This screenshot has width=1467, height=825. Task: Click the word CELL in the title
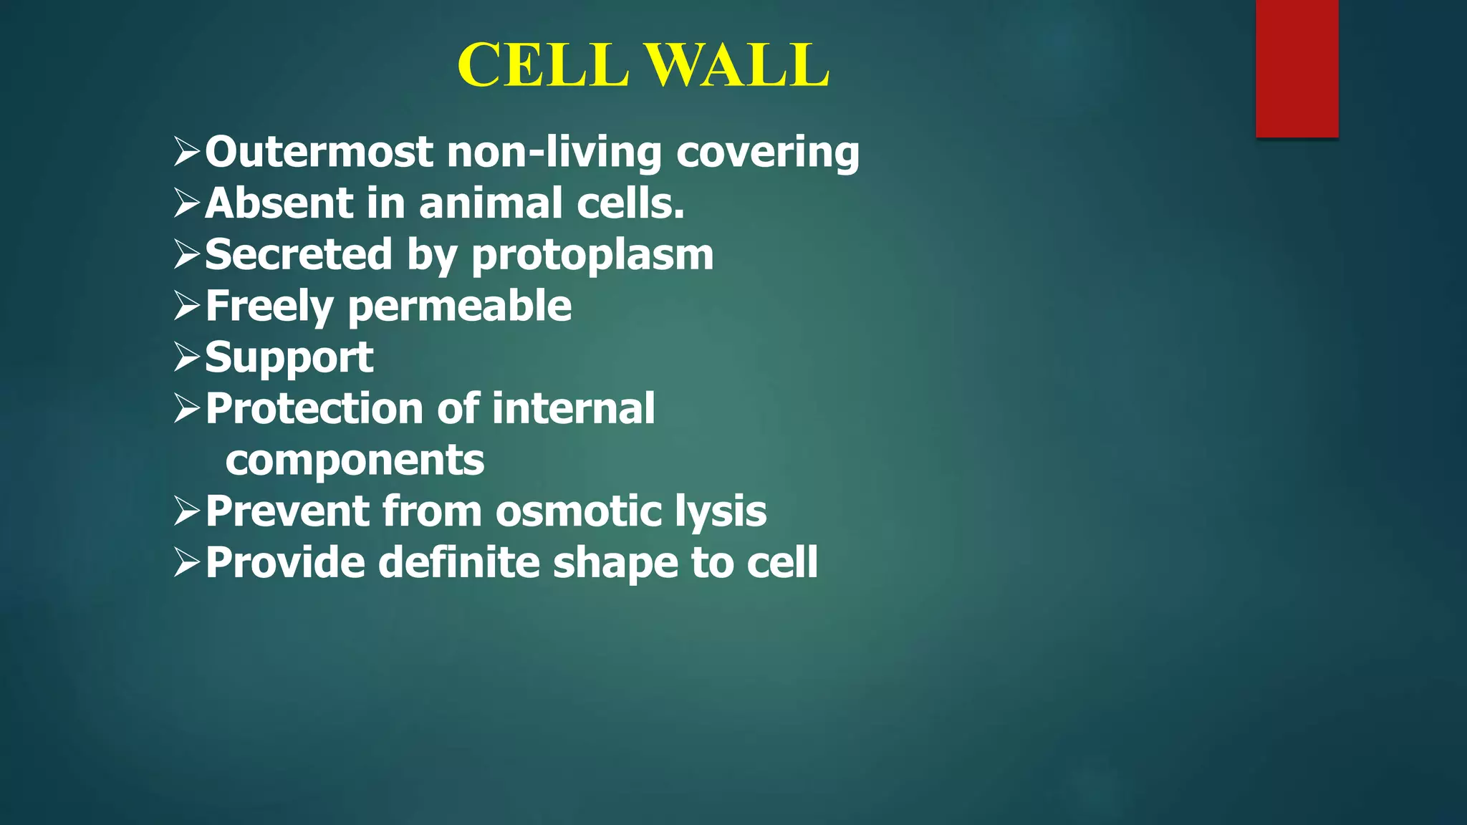point(543,65)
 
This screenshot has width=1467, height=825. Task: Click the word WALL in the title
point(739,65)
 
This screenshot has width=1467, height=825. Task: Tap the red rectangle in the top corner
point(1297,68)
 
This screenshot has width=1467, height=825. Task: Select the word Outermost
point(319,152)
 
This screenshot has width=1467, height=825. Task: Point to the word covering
point(767,153)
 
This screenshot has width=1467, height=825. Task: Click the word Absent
point(278,203)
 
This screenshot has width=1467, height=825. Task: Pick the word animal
point(491,203)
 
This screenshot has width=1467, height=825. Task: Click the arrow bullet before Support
point(186,357)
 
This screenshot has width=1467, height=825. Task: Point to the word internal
point(573,409)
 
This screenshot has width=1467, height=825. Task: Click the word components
point(355,460)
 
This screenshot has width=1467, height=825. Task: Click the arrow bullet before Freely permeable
point(186,306)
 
